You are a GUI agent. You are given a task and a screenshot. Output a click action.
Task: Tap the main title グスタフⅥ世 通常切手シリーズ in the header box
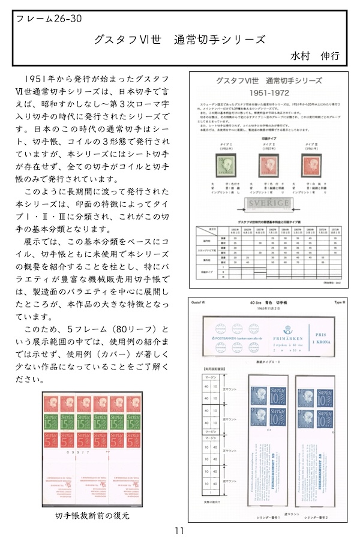[x=179, y=40]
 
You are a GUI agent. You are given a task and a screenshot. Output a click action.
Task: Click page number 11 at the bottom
[x=179, y=530]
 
